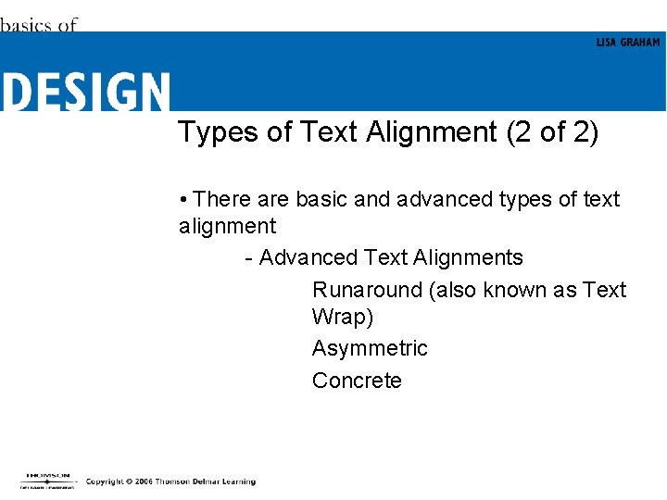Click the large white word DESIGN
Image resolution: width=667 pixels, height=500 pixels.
coord(85,93)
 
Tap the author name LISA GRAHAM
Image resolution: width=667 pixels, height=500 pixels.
coord(628,43)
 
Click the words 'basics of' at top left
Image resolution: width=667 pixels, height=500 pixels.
coord(38,25)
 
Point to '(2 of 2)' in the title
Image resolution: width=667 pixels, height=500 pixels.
coord(552,132)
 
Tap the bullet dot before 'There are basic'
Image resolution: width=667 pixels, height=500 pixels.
coord(185,200)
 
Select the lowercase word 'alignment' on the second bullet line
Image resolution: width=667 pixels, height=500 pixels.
coord(227,226)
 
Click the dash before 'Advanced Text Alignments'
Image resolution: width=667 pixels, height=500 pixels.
coord(248,258)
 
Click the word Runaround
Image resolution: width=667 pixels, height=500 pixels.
coord(367,290)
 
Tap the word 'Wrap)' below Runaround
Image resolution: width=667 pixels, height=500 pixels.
coord(343,317)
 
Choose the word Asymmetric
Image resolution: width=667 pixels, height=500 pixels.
coord(370,348)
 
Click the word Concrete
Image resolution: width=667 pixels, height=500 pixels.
coord(357,381)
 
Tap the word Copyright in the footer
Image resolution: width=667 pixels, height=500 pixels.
coord(105,481)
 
